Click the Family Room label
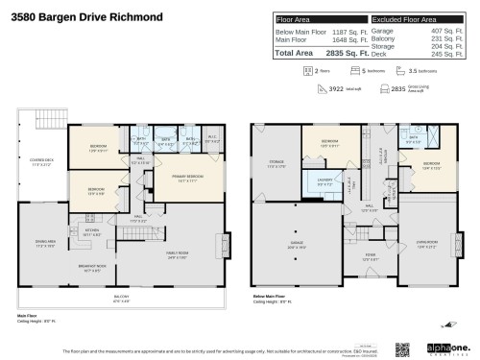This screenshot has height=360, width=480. pyautogui.click(x=183, y=255)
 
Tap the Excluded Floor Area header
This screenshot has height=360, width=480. pyautogui.click(x=407, y=18)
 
